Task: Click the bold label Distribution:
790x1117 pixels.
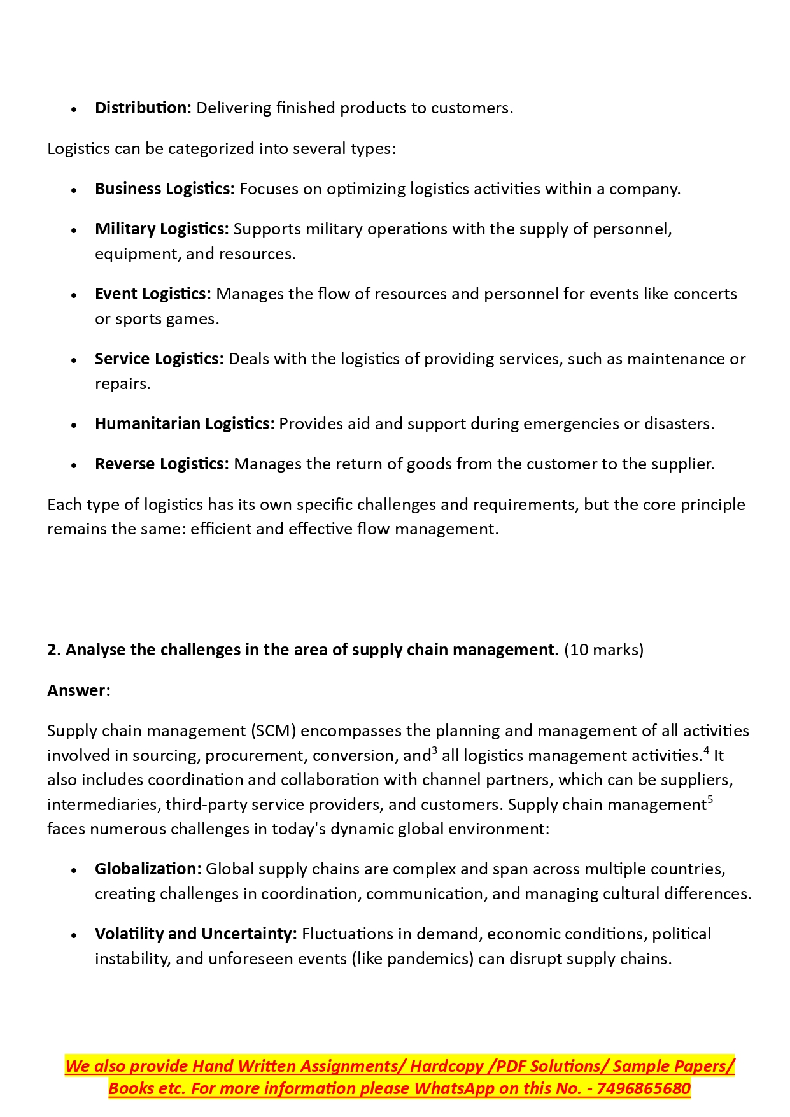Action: click(143, 108)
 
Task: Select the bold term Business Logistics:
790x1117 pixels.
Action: click(164, 189)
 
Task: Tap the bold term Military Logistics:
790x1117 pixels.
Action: click(161, 229)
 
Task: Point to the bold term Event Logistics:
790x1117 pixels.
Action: click(152, 294)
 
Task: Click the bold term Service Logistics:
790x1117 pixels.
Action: click(159, 359)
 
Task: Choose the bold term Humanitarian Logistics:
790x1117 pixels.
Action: click(184, 424)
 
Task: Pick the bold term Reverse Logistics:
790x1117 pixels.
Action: click(161, 464)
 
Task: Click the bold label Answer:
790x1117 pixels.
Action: click(78, 691)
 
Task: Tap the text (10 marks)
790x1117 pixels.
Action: click(603, 650)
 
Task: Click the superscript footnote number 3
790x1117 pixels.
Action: click(434, 750)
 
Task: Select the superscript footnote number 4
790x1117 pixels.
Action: click(706, 750)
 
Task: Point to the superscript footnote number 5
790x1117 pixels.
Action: click(710, 799)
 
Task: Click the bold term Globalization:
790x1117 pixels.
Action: click(148, 869)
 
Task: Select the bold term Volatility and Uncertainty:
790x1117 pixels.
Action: click(195, 934)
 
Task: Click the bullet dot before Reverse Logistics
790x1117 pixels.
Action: click(74, 466)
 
